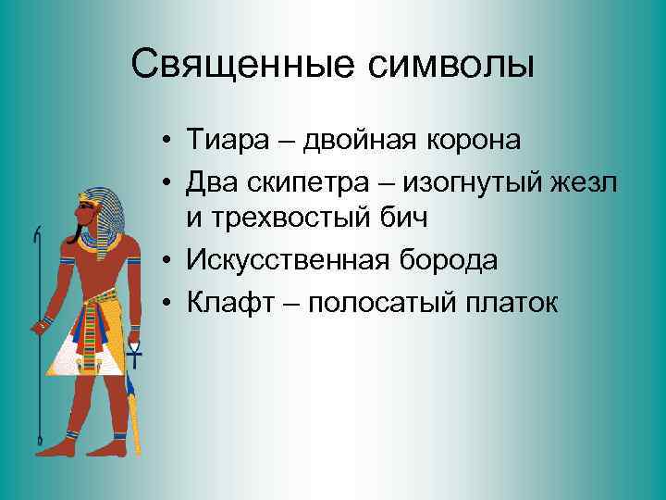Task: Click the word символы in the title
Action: [453, 64]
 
